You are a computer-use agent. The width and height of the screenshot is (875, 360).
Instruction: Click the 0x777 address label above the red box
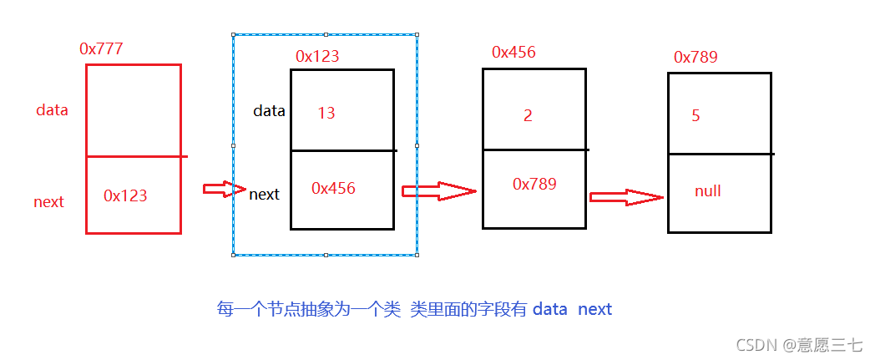coord(101,48)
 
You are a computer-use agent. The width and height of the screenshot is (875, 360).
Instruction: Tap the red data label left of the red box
coord(52,110)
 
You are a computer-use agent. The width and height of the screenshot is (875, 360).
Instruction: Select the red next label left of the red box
coord(48,202)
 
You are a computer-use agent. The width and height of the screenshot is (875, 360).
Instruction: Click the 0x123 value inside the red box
coord(125,195)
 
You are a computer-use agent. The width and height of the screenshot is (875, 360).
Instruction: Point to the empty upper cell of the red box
coord(134,110)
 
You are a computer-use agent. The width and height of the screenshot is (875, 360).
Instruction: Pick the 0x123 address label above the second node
coord(317,56)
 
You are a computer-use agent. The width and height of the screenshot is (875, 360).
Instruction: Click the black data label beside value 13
coord(269,110)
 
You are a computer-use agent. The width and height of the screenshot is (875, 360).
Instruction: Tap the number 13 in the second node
coord(326,113)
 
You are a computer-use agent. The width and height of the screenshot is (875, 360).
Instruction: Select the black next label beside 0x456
coord(265,195)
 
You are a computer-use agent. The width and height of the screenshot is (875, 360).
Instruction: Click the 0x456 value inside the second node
coord(333,189)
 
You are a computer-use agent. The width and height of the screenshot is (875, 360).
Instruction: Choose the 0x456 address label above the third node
coord(513,52)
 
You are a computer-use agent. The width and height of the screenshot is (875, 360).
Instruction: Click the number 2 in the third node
coord(528,115)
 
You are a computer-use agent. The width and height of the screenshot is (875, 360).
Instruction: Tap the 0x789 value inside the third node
coord(534,184)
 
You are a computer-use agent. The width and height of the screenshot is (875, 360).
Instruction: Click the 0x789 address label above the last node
coord(695,57)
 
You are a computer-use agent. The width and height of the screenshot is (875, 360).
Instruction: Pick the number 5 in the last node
coord(695,116)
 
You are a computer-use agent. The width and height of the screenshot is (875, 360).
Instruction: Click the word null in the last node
coord(707,191)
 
